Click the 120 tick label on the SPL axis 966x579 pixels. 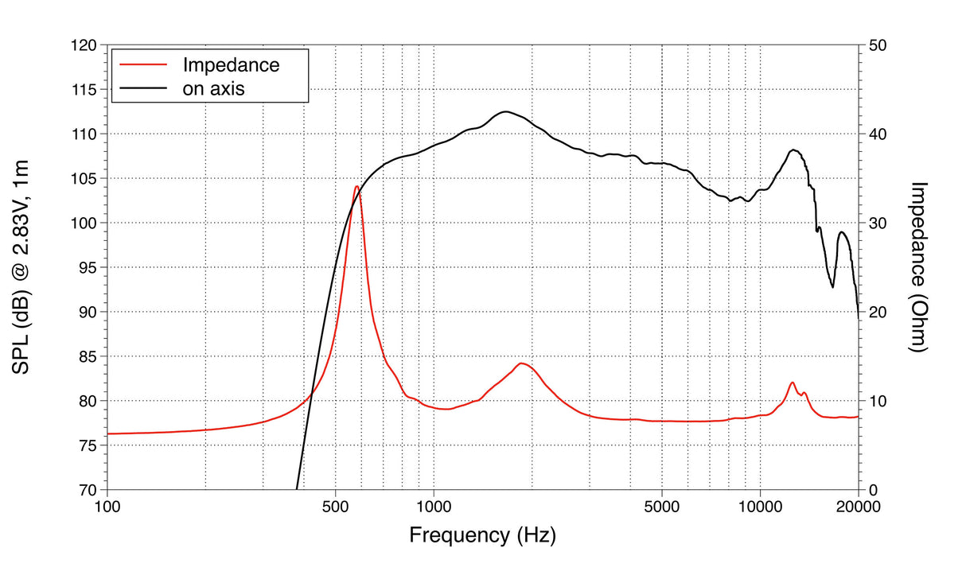83,46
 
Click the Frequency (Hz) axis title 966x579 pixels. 482,534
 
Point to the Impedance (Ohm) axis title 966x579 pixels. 920,267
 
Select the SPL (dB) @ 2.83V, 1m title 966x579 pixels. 21,267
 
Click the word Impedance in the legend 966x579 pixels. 231,64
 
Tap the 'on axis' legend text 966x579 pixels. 213,88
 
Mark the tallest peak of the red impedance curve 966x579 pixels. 356,186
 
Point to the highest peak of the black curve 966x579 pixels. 504,112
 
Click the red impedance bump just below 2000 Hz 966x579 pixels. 521,363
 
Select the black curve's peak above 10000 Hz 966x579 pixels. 793,150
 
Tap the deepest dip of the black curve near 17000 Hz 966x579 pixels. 832,287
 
